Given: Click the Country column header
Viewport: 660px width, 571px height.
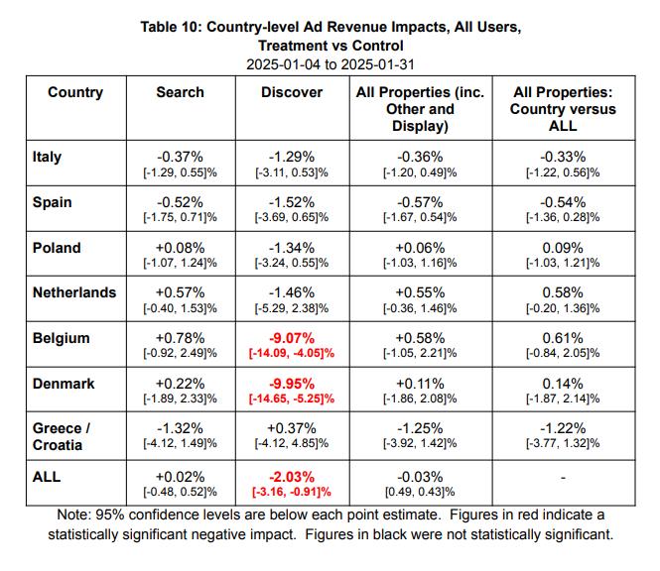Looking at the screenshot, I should click(x=74, y=92).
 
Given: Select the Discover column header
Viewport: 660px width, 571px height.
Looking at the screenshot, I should click(x=292, y=92).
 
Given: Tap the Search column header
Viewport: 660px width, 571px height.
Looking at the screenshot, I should click(x=180, y=92).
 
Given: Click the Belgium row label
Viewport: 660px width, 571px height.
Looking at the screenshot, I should click(x=61, y=338).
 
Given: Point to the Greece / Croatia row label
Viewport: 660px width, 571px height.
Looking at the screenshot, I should click(x=62, y=436).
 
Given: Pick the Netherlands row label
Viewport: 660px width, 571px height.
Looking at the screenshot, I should click(x=74, y=292).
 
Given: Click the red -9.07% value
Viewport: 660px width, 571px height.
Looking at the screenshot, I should click(x=292, y=338).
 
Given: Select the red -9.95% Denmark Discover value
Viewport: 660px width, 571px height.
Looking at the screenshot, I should click(x=292, y=384).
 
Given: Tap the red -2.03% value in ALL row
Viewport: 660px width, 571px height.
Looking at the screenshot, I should click(x=292, y=477).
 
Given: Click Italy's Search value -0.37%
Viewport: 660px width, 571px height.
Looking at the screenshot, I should click(x=180, y=157).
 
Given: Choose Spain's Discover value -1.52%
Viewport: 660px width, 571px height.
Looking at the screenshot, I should click(x=292, y=202).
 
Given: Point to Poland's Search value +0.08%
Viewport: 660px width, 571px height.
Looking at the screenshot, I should click(x=180, y=248).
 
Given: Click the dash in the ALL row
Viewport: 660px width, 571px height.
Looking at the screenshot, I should click(x=563, y=478).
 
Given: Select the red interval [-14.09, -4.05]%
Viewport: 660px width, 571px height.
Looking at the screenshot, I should click(x=292, y=353).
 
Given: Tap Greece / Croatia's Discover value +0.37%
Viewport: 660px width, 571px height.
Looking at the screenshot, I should click(x=292, y=429).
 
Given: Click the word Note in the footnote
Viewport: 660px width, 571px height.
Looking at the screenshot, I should click(x=71, y=514).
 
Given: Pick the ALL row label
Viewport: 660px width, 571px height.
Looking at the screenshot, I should click(x=47, y=477).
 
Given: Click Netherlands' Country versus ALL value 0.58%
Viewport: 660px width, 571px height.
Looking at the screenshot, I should click(x=563, y=292).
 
